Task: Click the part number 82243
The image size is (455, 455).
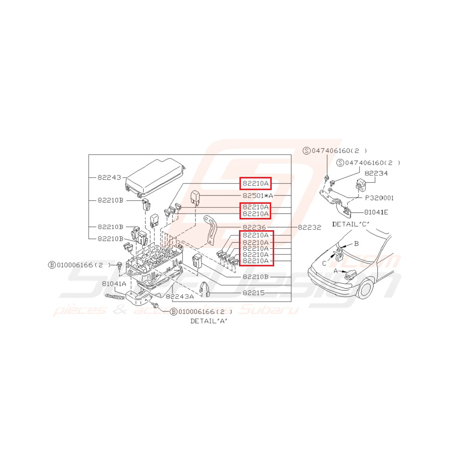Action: click(x=108, y=177)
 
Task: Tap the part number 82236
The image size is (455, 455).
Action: click(x=255, y=227)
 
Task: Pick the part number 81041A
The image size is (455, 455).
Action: click(x=114, y=283)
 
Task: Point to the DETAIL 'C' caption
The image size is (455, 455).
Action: click(x=350, y=224)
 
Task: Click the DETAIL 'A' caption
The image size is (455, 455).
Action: click(x=209, y=321)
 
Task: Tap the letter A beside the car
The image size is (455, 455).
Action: click(x=336, y=270)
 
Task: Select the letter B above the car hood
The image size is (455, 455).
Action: click(x=356, y=243)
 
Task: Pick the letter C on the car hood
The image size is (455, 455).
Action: click(x=325, y=262)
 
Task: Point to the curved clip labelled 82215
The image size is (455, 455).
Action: click(x=205, y=289)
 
